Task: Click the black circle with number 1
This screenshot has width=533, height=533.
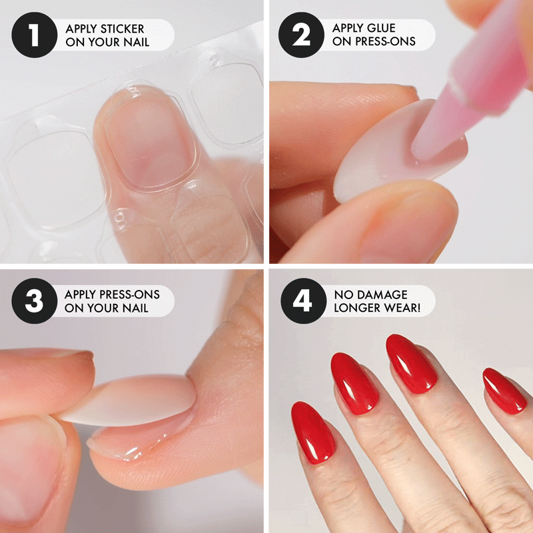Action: tap(35, 35)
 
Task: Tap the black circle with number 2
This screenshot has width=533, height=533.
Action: tap(301, 35)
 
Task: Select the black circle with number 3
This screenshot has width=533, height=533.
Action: tap(35, 301)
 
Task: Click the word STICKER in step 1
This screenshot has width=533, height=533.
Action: tap(121, 29)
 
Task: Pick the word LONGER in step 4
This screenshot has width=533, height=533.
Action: tap(354, 308)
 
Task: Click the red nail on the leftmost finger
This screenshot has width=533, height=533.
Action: tap(312, 432)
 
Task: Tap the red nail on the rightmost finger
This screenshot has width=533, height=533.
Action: tap(504, 391)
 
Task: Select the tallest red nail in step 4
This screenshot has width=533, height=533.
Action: tap(411, 363)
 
